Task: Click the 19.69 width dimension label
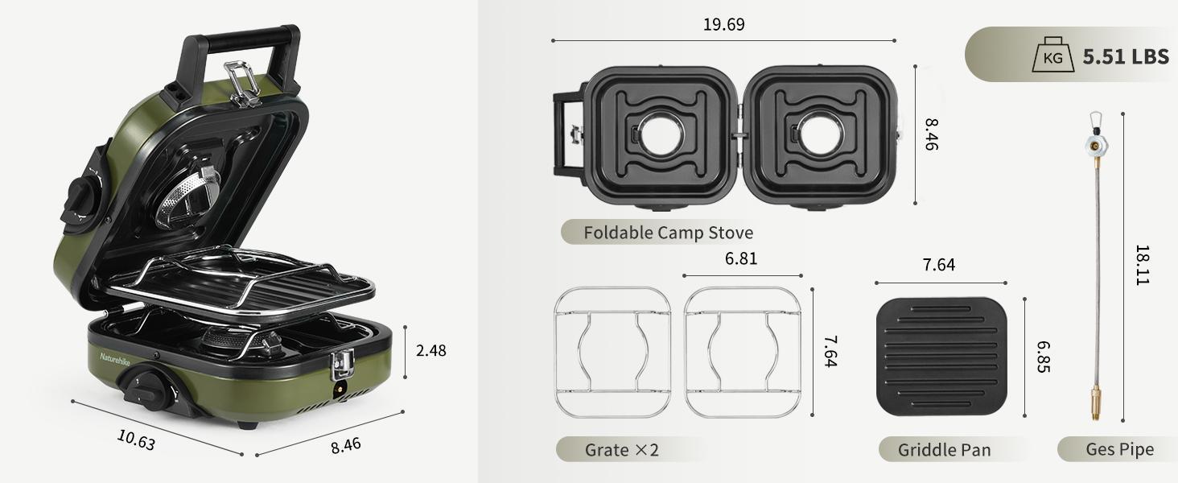(x=723, y=24)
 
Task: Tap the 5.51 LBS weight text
(x=1125, y=56)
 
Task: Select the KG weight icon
(x=1052, y=57)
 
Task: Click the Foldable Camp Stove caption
(x=668, y=233)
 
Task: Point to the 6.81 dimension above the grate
(x=740, y=258)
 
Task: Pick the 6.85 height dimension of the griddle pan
(x=1044, y=356)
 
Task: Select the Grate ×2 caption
(x=621, y=449)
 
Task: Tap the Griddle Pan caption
(x=944, y=449)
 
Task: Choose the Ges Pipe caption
(x=1119, y=449)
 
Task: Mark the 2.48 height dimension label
(x=430, y=350)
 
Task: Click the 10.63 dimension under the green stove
(x=136, y=440)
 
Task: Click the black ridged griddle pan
(x=941, y=356)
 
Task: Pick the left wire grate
(x=612, y=353)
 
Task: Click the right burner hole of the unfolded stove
(x=822, y=134)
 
